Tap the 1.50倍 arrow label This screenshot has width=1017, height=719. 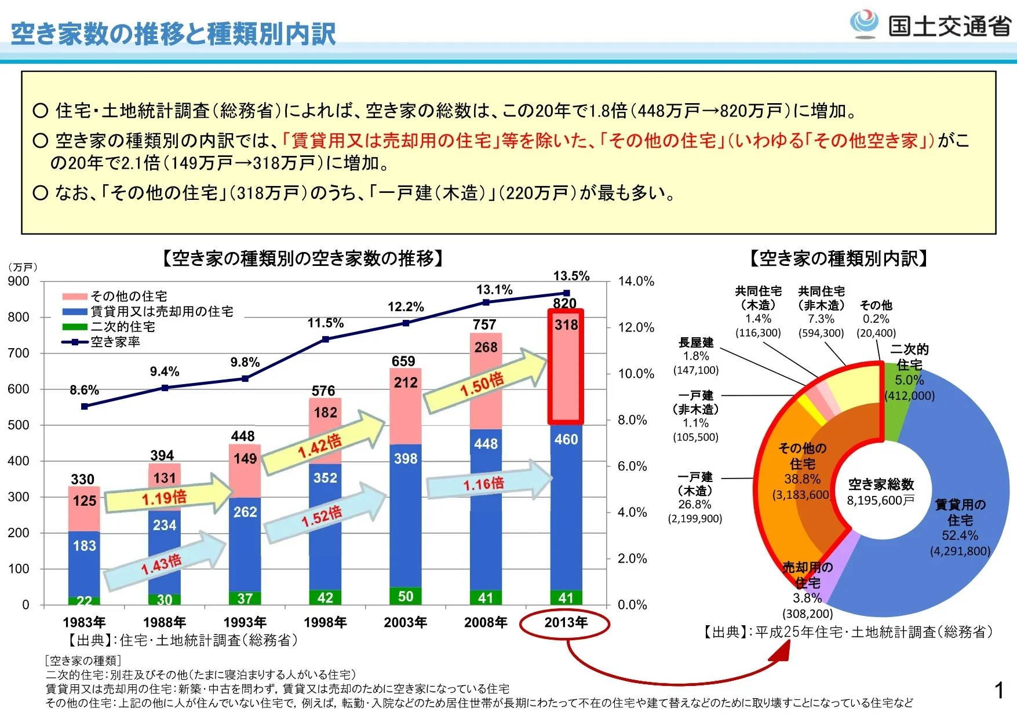(x=482, y=384)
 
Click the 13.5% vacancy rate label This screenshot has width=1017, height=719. (x=571, y=276)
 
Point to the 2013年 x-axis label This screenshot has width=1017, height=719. (x=566, y=623)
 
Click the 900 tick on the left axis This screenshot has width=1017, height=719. (x=19, y=282)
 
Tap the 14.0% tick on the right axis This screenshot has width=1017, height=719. (x=636, y=282)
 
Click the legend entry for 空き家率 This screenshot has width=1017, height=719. (x=115, y=342)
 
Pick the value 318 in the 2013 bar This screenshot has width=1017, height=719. (x=566, y=325)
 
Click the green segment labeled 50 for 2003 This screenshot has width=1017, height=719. (x=406, y=596)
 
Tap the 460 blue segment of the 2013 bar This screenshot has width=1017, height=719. (x=566, y=440)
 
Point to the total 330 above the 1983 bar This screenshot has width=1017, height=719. (x=83, y=479)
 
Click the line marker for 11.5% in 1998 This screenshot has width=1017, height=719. (x=326, y=339)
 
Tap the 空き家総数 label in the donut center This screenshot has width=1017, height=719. (x=881, y=484)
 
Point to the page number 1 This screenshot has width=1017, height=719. (x=999, y=690)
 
